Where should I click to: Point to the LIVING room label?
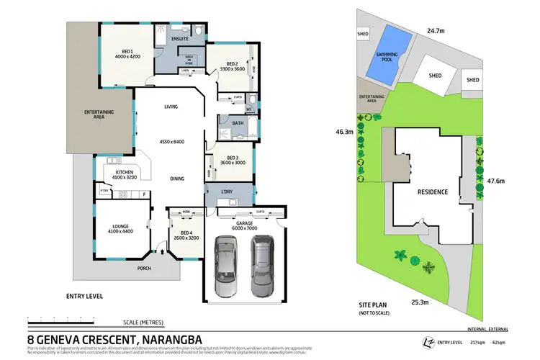click(x=171, y=107)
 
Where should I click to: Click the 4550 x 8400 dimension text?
click(x=172, y=141)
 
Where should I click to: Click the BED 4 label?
click(x=186, y=232)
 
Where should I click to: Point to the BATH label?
click(x=238, y=123)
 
